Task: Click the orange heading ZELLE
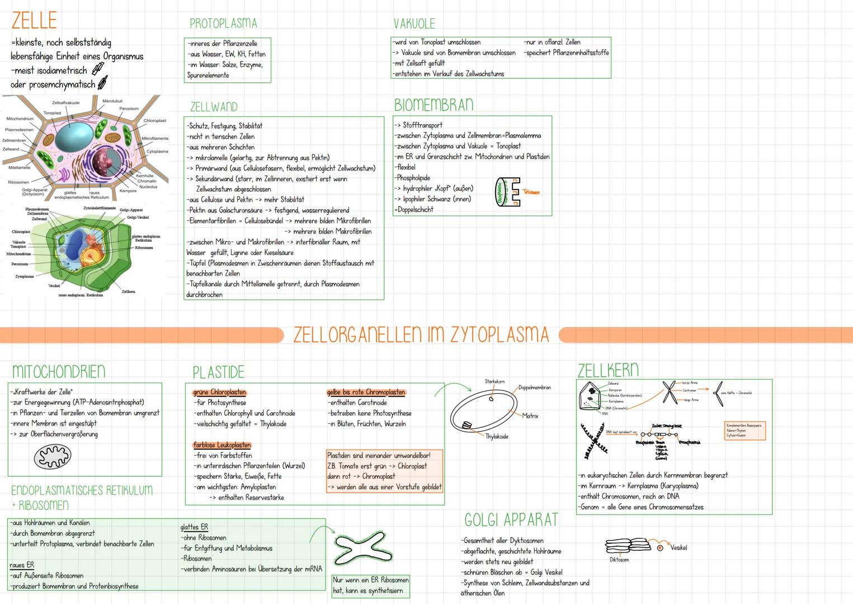[34, 21]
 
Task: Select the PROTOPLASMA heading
[223, 23]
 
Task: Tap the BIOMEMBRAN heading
[433, 105]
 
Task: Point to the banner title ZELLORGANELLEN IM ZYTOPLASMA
[421, 334]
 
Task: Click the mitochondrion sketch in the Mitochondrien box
[53, 456]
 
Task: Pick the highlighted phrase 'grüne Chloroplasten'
[219, 392]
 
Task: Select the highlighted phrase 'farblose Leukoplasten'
[222, 445]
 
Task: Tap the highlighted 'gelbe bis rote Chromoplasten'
[366, 392]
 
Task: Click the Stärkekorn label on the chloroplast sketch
[494, 381]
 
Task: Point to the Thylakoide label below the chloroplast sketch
[497, 436]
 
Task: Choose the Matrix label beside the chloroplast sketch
[530, 416]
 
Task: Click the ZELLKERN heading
[607, 370]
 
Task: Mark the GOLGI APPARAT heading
[511, 520]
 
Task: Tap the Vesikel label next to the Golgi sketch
[678, 548]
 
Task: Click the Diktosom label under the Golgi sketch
[619, 559]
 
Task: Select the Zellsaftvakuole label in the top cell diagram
[66, 103]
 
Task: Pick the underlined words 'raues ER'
[22, 565]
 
